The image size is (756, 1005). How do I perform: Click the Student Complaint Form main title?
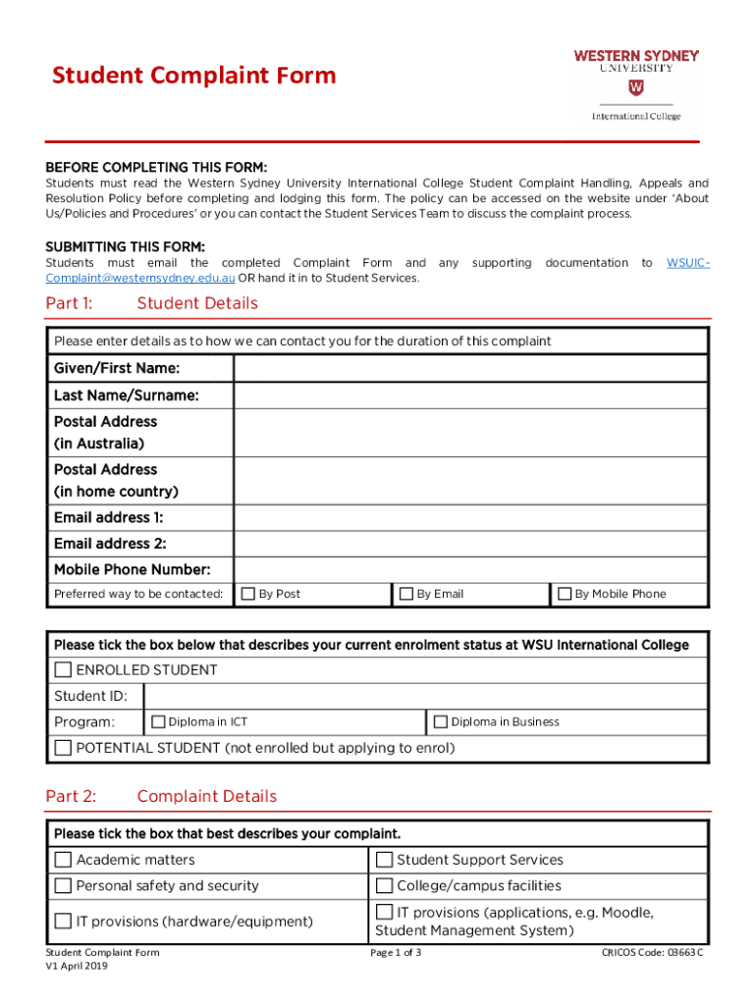(193, 76)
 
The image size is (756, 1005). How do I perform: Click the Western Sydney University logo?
(635, 85)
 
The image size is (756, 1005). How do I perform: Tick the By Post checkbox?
(249, 594)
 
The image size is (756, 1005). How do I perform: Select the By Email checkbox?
(406, 594)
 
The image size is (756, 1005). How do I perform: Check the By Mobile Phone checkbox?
(565, 594)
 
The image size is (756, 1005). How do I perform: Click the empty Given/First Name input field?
(470, 369)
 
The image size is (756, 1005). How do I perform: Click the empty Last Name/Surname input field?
(470, 396)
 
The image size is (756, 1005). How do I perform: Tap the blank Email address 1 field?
(470, 517)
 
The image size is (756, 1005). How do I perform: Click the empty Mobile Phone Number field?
(470, 569)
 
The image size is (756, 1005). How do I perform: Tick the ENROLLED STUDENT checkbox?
(64, 670)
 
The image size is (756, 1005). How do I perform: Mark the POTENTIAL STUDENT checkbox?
(64, 748)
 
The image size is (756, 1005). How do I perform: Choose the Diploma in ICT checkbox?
(158, 721)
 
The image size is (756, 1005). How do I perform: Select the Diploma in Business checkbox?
(441, 721)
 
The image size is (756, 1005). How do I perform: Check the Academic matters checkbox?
(64, 860)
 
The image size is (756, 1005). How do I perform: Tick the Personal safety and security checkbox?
(64, 886)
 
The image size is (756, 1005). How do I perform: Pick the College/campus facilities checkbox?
(385, 886)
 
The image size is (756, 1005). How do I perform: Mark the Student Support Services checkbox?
(385, 860)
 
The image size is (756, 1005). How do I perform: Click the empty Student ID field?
(425, 697)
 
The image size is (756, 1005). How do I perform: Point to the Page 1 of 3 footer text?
(396, 953)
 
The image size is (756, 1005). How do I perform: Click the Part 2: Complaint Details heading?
(161, 796)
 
